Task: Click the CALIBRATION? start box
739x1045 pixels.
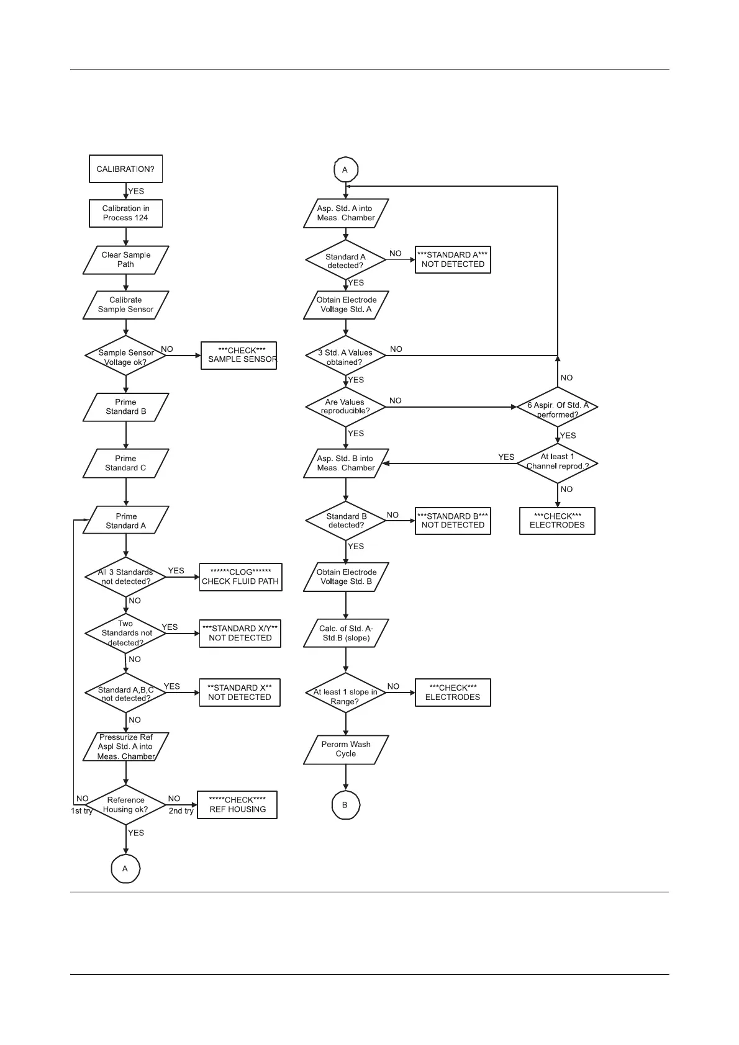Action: click(x=125, y=169)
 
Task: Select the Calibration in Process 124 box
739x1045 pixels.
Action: click(x=125, y=213)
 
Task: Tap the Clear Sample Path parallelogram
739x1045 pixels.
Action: click(x=125, y=259)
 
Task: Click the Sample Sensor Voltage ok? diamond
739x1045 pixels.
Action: click(x=125, y=356)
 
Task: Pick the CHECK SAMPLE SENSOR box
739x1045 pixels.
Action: click(x=238, y=356)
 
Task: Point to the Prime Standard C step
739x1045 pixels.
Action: click(x=125, y=463)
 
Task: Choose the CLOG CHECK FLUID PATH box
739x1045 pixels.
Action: click(x=240, y=577)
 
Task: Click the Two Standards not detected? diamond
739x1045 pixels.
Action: click(x=125, y=633)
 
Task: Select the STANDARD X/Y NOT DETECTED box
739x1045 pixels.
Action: click(x=240, y=633)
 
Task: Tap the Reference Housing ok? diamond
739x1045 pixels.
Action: click(x=125, y=805)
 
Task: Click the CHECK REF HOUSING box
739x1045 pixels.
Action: click(x=237, y=805)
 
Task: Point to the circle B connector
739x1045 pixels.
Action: click(x=345, y=805)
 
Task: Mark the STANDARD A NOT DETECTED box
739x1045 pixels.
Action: click(x=453, y=259)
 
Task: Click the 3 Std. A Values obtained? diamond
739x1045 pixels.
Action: click(x=345, y=356)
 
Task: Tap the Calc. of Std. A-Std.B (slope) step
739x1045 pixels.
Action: click(x=346, y=633)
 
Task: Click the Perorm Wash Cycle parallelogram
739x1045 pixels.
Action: click(x=346, y=749)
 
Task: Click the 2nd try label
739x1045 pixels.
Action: click(x=181, y=811)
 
